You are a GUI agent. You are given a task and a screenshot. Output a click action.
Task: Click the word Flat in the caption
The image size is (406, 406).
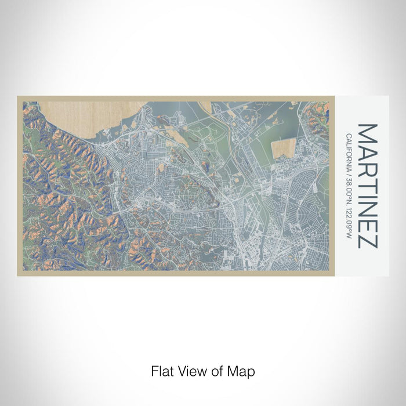(x=161, y=371)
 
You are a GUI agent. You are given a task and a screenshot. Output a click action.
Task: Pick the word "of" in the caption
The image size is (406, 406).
(x=213, y=371)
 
